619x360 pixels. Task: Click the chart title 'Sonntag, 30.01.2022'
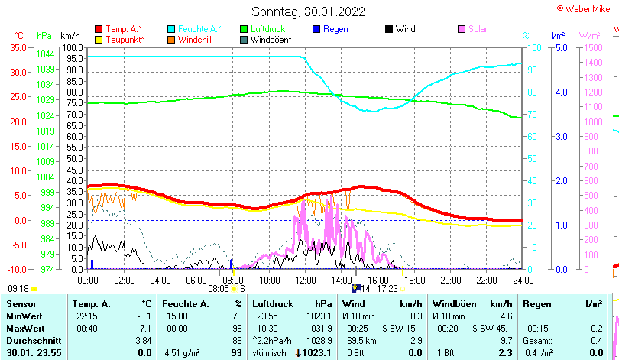click(309, 11)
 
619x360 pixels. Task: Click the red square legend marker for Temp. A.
click(98, 29)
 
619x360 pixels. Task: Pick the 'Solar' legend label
click(478, 29)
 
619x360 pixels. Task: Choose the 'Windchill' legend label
click(196, 39)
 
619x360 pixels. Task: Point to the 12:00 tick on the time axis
click(305, 281)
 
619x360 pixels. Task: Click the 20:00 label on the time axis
click(450, 281)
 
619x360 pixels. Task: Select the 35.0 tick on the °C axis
click(18, 47)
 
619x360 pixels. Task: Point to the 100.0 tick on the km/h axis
click(72, 47)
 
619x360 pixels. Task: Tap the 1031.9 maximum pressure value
click(320, 328)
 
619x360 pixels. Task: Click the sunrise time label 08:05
click(219, 289)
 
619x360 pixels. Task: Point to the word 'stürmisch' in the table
click(271, 352)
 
